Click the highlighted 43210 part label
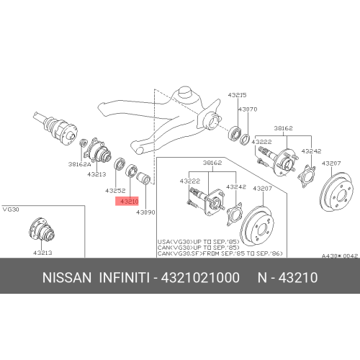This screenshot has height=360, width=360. pos(129,202)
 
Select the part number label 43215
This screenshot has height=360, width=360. pos(238,95)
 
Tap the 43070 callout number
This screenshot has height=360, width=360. pos(248,109)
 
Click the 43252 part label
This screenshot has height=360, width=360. pos(115,192)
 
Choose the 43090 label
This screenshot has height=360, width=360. pos(147,212)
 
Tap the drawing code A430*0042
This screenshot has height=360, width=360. pos(339,255)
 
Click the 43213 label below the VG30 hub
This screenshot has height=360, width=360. pos(42,253)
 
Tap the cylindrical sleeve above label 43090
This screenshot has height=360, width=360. pos(144,176)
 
